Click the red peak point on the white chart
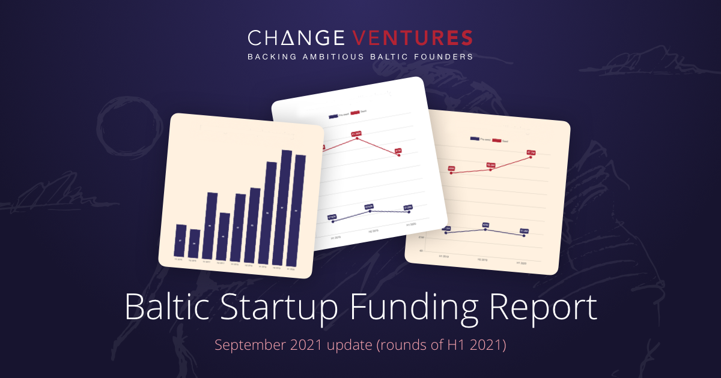[x=357, y=138]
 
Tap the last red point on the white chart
[x=398, y=155]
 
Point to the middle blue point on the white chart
[x=369, y=211]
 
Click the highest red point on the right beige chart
[x=530, y=157]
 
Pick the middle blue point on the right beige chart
[x=485, y=229]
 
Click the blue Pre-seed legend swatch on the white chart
[x=333, y=116]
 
